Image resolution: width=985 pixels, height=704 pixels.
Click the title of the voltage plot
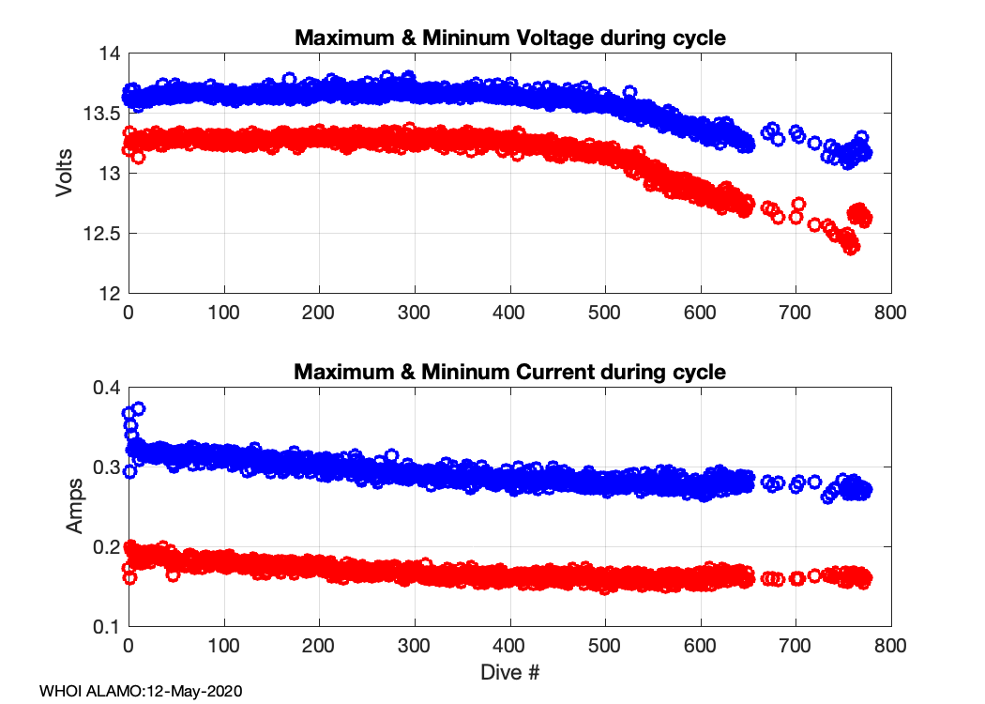pyautogui.click(x=510, y=38)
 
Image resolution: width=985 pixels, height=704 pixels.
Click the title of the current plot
pyautogui.click(x=510, y=372)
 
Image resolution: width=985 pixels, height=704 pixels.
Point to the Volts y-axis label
pyautogui.click(x=65, y=174)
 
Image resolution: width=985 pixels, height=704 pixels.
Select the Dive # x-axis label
pyautogui.click(x=510, y=672)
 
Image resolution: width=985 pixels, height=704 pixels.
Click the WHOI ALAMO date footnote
pyautogui.click(x=142, y=692)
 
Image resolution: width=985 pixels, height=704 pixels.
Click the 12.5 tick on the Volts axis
pyautogui.click(x=101, y=234)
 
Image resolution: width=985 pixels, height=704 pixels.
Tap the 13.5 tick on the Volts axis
pyautogui.click(x=101, y=114)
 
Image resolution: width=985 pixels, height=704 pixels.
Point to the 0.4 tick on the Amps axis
pyautogui.click(x=106, y=388)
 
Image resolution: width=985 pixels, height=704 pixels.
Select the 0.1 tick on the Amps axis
pyautogui.click(x=106, y=627)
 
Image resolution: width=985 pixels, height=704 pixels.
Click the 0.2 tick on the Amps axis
pyautogui.click(x=106, y=547)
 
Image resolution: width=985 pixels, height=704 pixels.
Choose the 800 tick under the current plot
pyautogui.click(x=890, y=646)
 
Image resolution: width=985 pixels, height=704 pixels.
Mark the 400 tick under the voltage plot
pyautogui.click(x=509, y=313)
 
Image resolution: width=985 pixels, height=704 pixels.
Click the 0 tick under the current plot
pyautogui.click(x=129, y=646)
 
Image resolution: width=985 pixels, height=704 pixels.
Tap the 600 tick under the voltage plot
pyautogui.click(x=700, y=313)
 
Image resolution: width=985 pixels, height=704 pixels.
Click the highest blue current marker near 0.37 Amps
pyautogui.click(x=139, y=409)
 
